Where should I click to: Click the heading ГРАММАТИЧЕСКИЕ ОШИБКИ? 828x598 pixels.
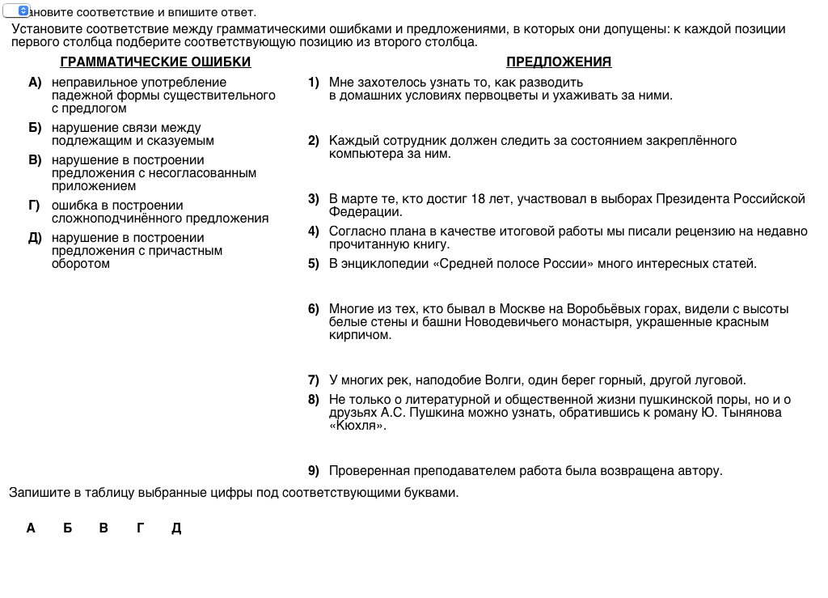click(155, 62)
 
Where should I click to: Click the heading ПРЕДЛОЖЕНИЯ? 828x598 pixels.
click(559, 62)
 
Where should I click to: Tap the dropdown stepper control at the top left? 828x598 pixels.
click(22, 11)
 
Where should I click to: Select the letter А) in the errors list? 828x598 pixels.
click(35, 83)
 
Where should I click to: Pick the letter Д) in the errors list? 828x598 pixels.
click(35, 238)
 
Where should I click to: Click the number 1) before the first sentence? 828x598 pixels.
click(314, 83)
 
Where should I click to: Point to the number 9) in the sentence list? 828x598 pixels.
click(314, 471)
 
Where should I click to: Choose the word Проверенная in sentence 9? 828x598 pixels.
click(365, 471)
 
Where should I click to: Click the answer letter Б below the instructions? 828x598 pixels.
click(68, 528)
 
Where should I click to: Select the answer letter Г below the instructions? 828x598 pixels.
click(141, 528)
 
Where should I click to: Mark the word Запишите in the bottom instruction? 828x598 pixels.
click(33, 492)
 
